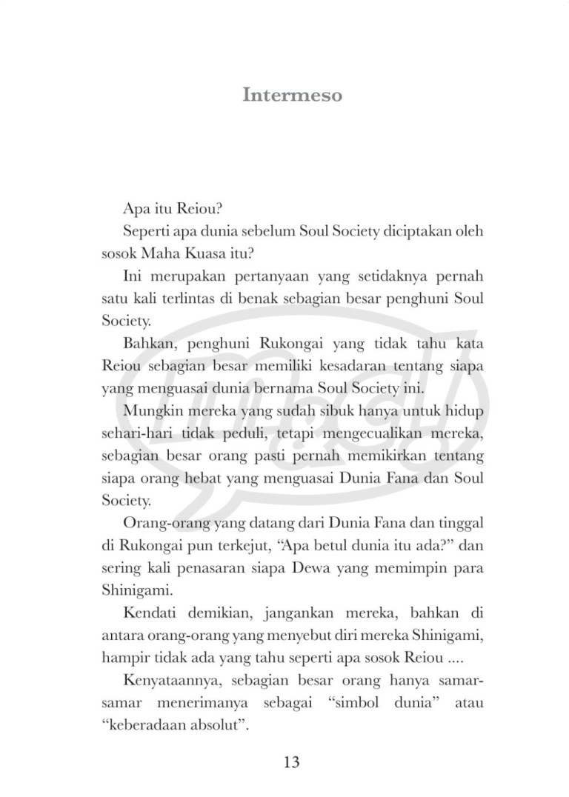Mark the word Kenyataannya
point(164,681)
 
